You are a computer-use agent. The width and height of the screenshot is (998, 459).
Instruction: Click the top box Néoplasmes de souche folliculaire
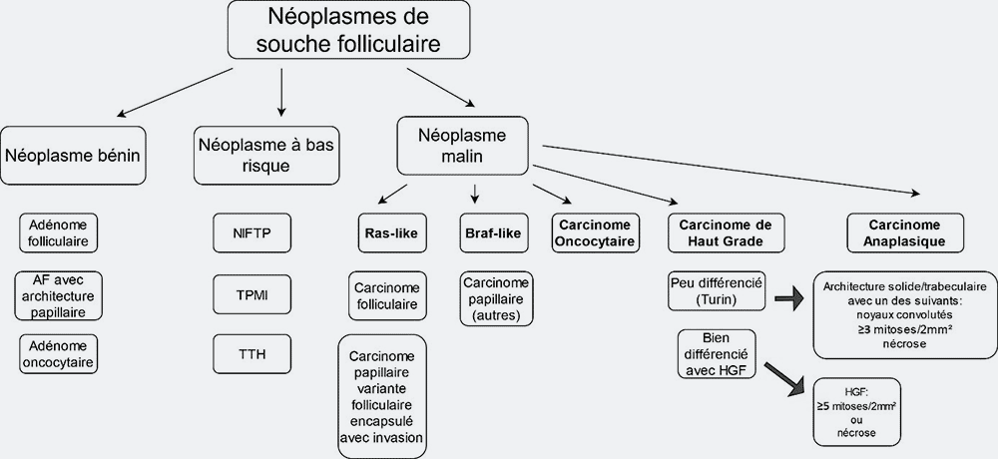[x=348, y=30]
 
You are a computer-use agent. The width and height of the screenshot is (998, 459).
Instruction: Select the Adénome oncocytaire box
[x=59, y=354]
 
